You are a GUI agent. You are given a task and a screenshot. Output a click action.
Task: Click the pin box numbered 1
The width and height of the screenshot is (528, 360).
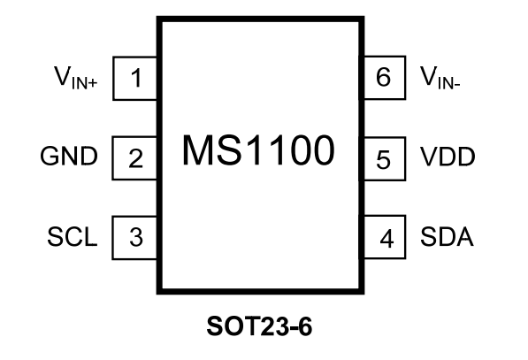tap(136, 80)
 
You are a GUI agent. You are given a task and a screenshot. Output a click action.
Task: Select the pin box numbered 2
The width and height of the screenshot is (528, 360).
tap(136, 158)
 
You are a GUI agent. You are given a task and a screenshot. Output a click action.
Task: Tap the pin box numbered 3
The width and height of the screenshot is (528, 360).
tap(136, 237)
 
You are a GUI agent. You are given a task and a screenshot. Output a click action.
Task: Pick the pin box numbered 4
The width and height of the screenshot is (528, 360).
tap(382, 237)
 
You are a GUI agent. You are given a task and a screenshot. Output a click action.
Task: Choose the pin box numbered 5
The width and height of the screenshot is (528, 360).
tap(382, 158)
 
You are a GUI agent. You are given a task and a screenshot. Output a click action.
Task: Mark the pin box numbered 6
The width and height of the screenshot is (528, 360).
tap(382, 80)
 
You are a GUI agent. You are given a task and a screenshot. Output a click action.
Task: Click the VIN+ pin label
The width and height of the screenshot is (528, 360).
tap(78, 80)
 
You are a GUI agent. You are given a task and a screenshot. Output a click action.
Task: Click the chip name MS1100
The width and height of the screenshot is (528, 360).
tap(258, 151)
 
